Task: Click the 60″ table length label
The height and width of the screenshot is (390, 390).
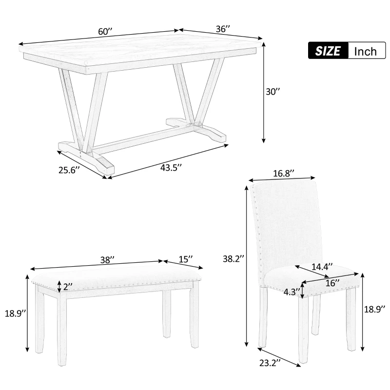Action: coord(105,32)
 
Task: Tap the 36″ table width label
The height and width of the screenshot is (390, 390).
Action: coord(222,29)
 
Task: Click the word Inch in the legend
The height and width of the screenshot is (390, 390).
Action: coord(365,51)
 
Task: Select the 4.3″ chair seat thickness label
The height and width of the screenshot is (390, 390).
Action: coord(292,292)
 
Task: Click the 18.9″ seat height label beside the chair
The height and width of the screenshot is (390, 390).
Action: coord(376,308)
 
